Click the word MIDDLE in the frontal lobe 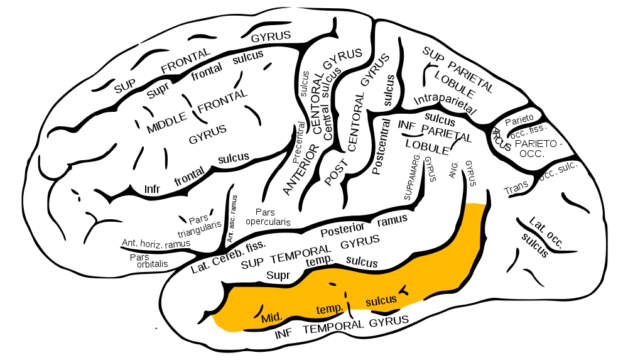[x=167, y=123]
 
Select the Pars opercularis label [x=268, y=217]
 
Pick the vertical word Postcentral [x=381, y=146]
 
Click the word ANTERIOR [x=301, y=170]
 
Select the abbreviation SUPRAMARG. [x=413, y=177]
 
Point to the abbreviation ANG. [x=453, y=170]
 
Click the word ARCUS [x=501, y=139]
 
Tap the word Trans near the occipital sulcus [x=516, y=188]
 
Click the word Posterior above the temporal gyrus [x=342, y=229]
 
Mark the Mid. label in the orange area [x=272, y=317]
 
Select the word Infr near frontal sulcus [x=152, y=188]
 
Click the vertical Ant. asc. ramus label [x=232, y=219]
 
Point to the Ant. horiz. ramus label [x=156, y=244]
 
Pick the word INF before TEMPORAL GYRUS [x=283, y=334]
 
